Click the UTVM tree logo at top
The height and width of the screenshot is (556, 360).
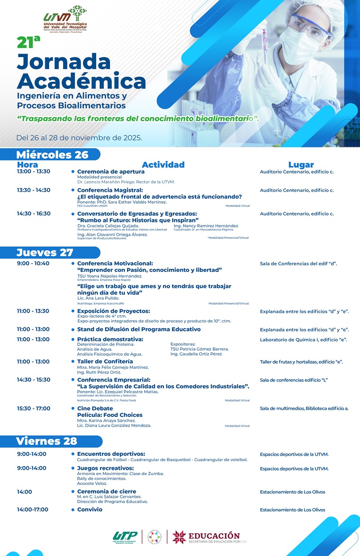[65, 19]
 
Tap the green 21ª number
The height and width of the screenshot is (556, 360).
[28, 42]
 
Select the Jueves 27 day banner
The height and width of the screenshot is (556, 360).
[45, 252]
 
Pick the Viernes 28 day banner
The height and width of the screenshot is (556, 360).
[47, 441]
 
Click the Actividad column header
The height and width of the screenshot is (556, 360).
[163, 165]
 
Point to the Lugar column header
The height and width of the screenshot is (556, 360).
[301, 165]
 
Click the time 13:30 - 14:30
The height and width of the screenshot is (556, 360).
[34, 190]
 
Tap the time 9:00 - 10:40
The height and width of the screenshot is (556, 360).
[33, 263]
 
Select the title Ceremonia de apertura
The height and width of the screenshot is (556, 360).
[110, 171]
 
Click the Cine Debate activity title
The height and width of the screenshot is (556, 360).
[95, 408]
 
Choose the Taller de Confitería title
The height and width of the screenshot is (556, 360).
[105, 361]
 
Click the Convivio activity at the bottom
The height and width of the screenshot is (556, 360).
[89, 509]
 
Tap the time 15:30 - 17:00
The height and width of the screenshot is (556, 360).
[34, 408]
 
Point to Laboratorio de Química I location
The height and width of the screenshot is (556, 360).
[303, 340]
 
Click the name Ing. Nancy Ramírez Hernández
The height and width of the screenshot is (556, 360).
[206, 226]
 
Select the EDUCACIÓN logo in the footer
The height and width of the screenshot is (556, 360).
[206, 537]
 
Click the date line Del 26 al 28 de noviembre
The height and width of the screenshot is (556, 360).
[79, 137]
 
